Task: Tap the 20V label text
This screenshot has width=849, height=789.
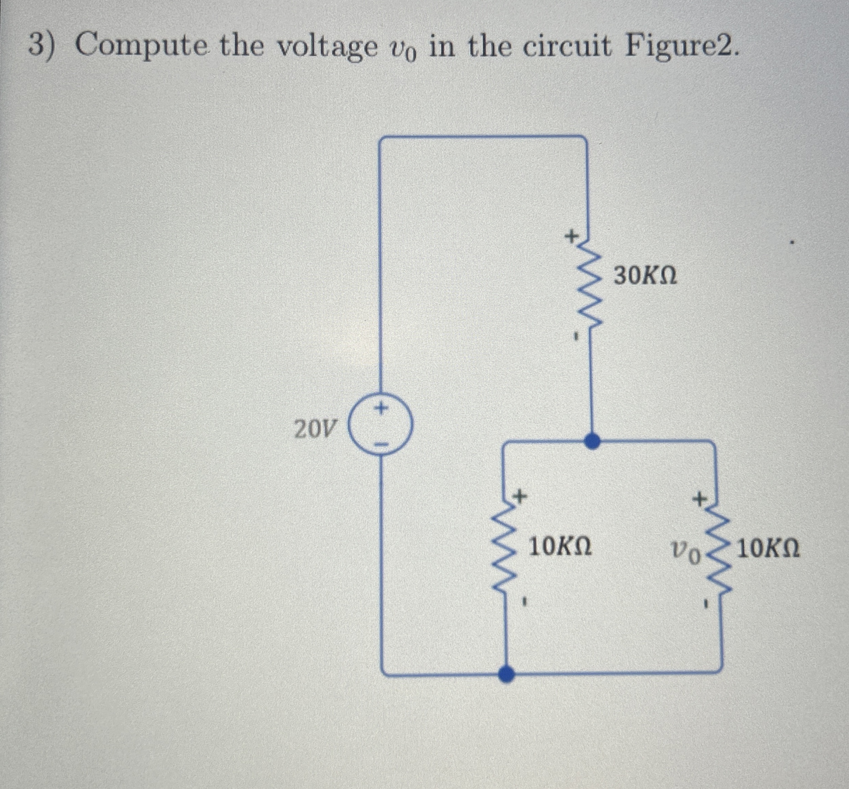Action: click(x=315, y=429)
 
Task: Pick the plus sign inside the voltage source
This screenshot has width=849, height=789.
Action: click(x=381, y=409)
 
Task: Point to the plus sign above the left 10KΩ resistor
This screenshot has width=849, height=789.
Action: click(x=519, y=496)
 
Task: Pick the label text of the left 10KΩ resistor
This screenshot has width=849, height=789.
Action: click(x=560, y=547)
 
